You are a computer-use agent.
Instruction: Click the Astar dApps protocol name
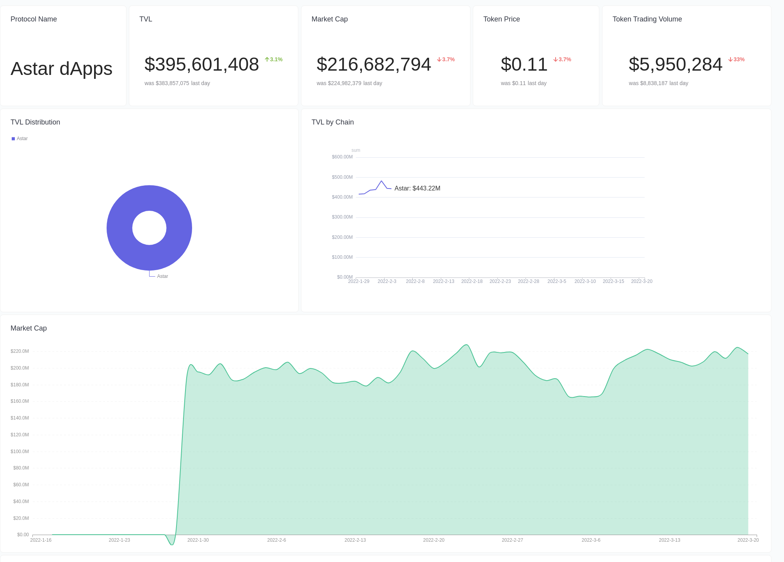pyautogui.click(x=61, y=69)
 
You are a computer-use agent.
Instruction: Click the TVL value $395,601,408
pyautogui.click(x=201, y=64)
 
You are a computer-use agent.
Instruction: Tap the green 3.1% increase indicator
pyautogui.click(x=274, y=59)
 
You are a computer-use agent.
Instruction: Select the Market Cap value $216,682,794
pyautogui.click(x=374, y=64)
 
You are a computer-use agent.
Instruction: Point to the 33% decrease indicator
pyautogui.click(x=736, y=59)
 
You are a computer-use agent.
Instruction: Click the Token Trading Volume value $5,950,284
pyautogui.click(x=675, y=64)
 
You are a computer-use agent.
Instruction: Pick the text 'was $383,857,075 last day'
pyautogui.click(x=177, y=83)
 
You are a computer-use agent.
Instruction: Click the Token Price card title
pyautogui.click(x=501, y=19)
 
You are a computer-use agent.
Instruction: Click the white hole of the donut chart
pyautogui.click(x=149, y=228)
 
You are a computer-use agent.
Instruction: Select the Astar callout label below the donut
pyautogui.click(x=162, y=276)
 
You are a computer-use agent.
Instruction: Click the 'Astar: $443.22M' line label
pyautogui.click(x=417, y=188)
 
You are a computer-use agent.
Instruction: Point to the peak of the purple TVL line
pyautogui.click(x=381, y=181)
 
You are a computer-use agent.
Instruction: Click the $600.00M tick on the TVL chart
pyautogui.click(x=342, y=157)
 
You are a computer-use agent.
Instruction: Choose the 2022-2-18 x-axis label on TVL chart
pyautogui.click(x=472, y=281)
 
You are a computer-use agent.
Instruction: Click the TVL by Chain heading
pyautogui.click(x=332, y=122)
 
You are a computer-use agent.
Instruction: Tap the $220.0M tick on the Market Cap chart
pyautogui.click(x=20, y=351)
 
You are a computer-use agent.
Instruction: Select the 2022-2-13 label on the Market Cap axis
pyautogui.click(x=355, y=540)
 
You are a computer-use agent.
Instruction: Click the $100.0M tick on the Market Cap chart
pyautogui.click(x=20, y=452)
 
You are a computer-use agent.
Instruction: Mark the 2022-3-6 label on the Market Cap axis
pyautogui.click(x=591, y=540)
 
